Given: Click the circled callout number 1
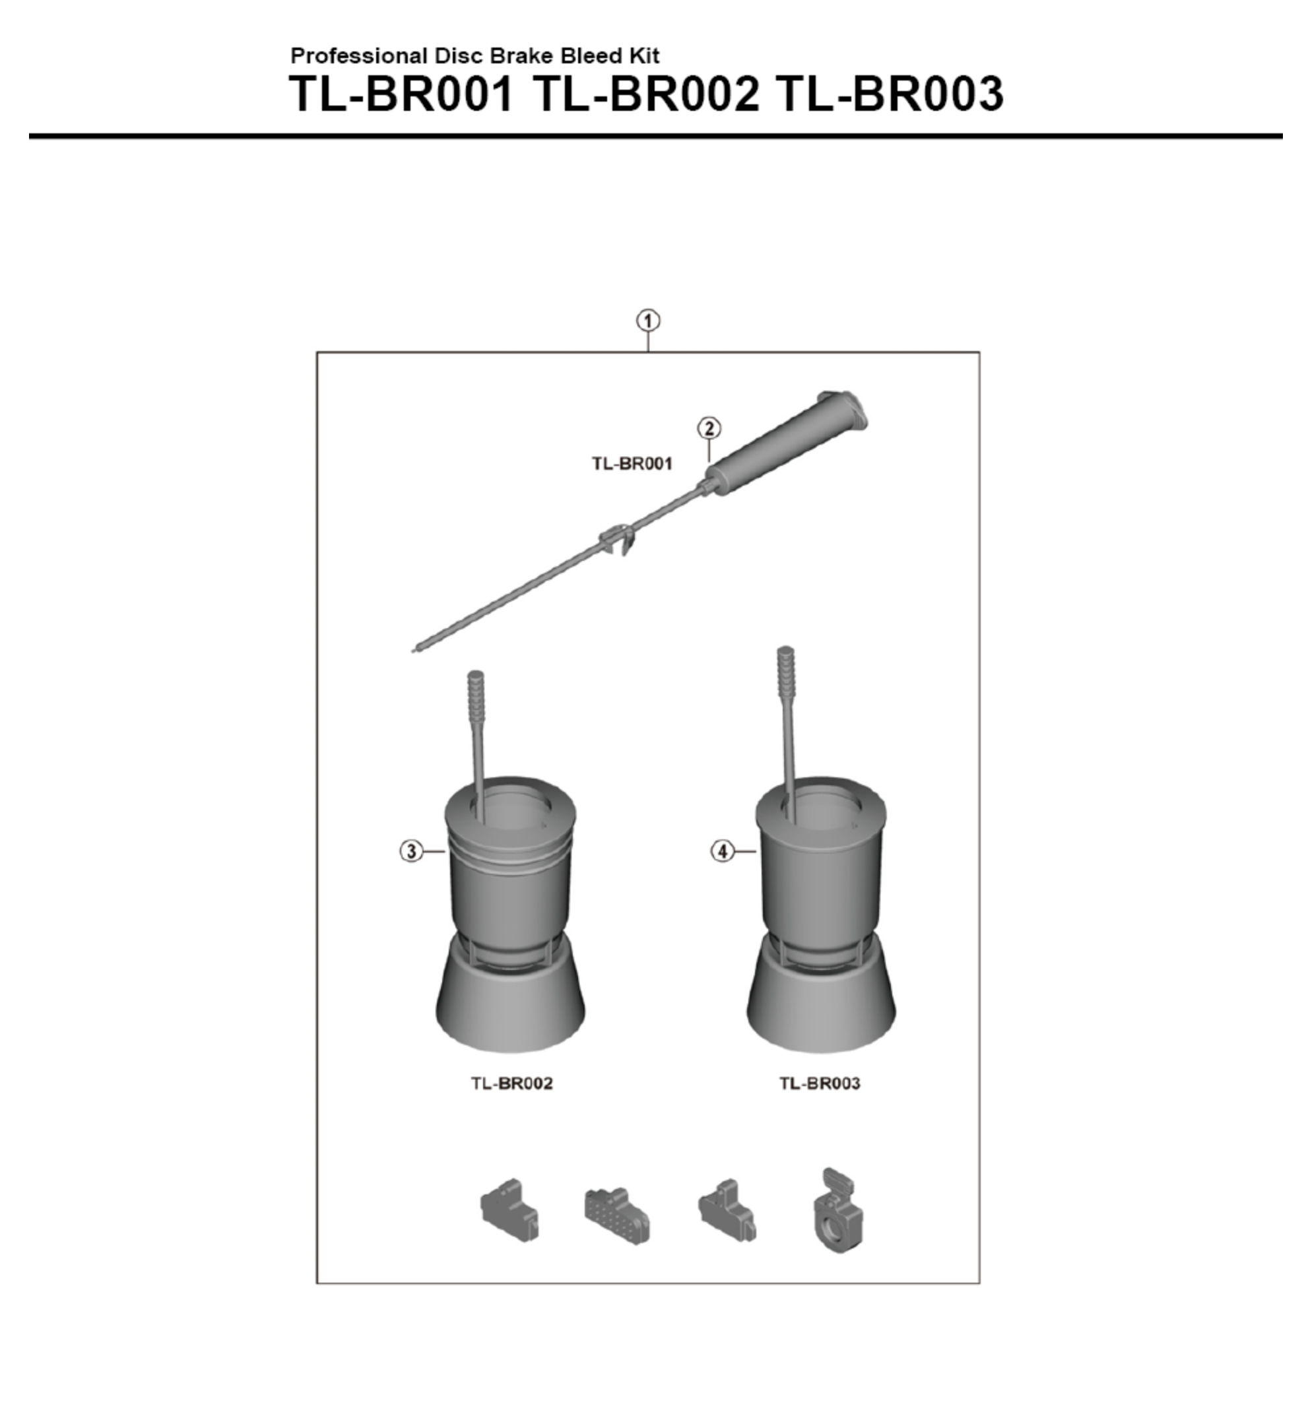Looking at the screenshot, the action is [647, 321].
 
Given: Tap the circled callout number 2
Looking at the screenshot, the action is [709, 428].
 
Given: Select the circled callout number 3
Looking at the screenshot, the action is [411, 851].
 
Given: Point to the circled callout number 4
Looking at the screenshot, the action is [722, 851].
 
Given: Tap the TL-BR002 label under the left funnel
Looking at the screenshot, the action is [511, 1083].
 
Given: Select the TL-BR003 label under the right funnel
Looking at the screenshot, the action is [820, 1083].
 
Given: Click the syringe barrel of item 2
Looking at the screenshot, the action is [785, 446].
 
